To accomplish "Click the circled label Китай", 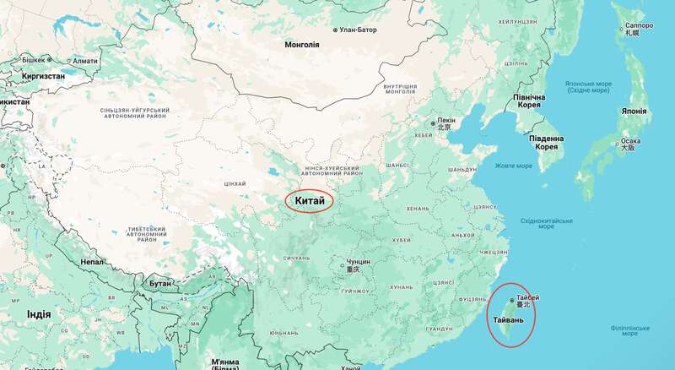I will (x=310, y=201).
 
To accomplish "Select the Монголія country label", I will (x=302, y=44).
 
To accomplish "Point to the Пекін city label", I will (x=446, y=121).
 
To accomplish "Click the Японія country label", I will (x=634, y=112).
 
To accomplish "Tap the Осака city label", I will (x=629, y=141).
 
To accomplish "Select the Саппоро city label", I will (x=639, y=26).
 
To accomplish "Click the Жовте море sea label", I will (x=513, y=166).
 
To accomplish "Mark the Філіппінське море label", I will (x=629, y=329).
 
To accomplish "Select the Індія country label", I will (x=39, y=314).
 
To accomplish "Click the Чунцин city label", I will (x=358, y=262).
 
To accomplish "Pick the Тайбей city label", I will (x=527, y=298).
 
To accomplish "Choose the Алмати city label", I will (x=84, y=61).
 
